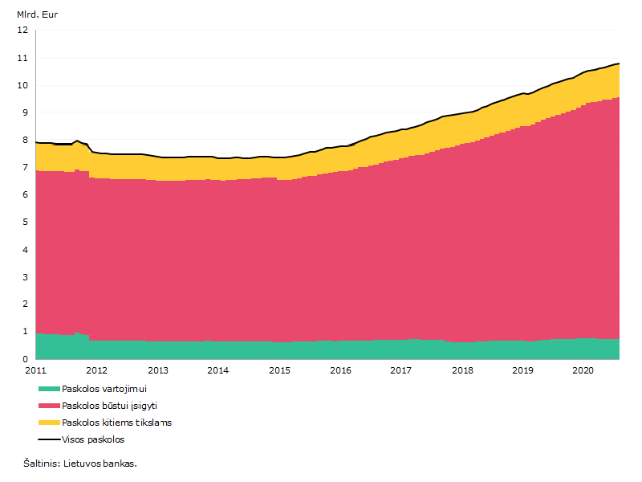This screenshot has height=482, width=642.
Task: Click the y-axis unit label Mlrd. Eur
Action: [37, 14]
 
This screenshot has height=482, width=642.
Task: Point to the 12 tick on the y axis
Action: [22, 30]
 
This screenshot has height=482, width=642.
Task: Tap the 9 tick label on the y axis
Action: [26, 112]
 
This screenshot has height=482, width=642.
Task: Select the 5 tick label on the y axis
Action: [26, 223]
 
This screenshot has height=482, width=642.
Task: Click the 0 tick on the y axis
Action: [26, 359]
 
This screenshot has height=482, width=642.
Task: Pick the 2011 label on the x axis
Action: [36, 370]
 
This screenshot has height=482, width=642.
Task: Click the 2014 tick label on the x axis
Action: [217, 370]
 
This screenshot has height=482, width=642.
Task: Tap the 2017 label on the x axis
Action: [400, 370]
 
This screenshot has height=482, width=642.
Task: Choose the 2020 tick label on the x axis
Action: [583, 370]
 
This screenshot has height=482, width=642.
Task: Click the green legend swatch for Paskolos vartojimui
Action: [49, 389]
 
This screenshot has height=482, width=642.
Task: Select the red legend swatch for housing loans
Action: [49, 406]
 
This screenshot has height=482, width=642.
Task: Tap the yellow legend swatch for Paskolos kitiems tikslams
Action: [49, 423]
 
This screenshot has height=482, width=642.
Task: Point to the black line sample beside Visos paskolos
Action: [49, 439]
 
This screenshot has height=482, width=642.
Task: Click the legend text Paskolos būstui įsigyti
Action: [109, 406]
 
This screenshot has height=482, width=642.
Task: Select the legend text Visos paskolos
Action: [93, 439]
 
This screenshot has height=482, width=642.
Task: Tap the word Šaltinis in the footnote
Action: [42, 464]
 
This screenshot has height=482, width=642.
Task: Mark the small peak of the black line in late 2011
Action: [77, 141]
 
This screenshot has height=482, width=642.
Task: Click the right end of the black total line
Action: [619, 63]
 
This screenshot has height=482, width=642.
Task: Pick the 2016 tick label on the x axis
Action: [340, 370]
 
